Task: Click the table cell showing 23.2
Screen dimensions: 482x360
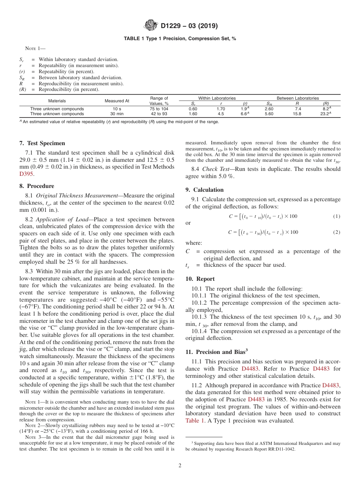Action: (325, 113)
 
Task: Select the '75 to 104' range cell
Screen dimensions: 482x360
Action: (159, 109)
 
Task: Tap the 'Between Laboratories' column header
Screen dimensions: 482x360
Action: (297, 98)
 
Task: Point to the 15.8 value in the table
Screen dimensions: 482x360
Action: (297, 113)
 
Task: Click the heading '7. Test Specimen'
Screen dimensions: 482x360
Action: (42, 143)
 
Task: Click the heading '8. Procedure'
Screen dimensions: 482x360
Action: (36, 186)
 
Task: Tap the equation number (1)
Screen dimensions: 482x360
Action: (337, 216)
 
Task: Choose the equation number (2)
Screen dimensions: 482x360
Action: (337, 232)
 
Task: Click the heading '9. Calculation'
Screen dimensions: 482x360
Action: (204, 190)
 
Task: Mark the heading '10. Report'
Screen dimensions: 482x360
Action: (200, 279)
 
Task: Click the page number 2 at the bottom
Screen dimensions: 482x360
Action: (180, 466)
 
